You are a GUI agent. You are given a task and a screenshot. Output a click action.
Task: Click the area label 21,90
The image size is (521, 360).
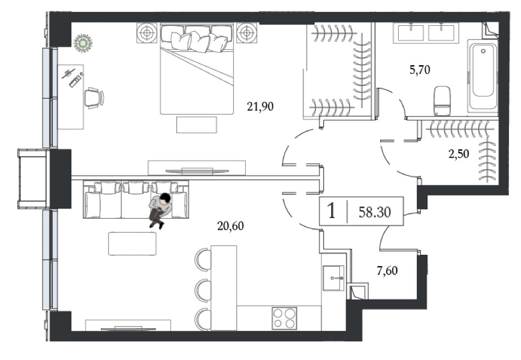[260, 107]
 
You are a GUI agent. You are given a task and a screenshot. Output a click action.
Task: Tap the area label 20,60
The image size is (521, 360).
[230, 226]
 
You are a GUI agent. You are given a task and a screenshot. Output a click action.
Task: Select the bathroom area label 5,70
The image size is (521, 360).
[420, 70]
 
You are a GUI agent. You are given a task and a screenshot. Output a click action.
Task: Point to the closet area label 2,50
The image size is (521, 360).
[459, 154]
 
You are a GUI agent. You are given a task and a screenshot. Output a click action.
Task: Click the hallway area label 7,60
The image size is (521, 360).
[387, 271]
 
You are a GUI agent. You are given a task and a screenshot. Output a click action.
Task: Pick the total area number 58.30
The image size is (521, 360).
[375, 212]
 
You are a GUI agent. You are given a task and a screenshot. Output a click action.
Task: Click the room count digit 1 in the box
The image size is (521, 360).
[331, 211]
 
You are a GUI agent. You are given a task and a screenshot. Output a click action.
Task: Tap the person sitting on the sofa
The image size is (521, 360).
[160, 210]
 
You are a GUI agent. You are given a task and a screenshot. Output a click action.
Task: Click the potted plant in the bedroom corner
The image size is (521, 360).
[83, 43]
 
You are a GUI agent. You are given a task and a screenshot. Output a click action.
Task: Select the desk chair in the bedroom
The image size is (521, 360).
[94, 97]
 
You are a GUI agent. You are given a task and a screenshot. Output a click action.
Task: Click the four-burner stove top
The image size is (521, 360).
[285, 318]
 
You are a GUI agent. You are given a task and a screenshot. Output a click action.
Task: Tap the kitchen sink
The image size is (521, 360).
[333, 278]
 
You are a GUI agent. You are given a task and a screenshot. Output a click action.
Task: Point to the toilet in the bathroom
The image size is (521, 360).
[443, 100]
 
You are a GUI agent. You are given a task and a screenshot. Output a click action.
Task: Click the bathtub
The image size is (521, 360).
[483, 76]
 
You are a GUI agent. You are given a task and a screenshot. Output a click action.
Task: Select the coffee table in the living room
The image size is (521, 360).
[132, 243]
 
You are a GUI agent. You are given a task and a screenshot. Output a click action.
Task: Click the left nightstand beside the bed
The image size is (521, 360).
[146, 33]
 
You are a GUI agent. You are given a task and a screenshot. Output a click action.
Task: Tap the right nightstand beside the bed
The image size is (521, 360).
[247, 33]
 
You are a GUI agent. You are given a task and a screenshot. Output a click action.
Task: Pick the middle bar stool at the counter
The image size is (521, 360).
[203, 289]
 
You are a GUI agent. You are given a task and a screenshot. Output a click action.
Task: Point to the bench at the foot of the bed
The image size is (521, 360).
[196, 124]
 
